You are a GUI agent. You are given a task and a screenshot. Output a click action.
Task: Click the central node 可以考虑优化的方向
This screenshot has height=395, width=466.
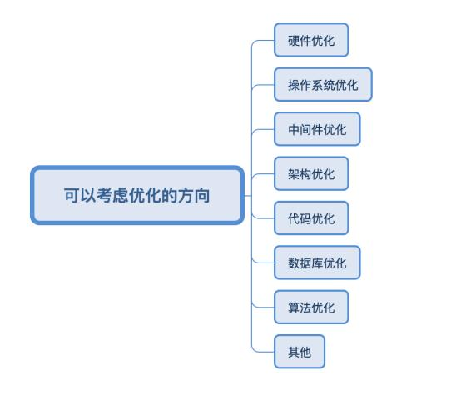137,196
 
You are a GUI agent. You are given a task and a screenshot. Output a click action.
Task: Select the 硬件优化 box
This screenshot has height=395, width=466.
311,40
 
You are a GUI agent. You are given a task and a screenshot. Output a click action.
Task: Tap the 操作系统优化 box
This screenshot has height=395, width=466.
323,85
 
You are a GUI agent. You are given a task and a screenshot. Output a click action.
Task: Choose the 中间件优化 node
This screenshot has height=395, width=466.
317,129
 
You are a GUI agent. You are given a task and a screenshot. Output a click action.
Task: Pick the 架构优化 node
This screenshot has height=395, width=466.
311,174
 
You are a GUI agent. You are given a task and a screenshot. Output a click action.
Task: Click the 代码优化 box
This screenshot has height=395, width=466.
311,218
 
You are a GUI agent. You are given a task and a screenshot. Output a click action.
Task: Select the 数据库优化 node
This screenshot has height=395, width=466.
317,263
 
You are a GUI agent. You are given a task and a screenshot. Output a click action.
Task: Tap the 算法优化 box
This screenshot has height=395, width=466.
311,307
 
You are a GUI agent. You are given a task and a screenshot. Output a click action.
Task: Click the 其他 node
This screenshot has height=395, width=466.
299,352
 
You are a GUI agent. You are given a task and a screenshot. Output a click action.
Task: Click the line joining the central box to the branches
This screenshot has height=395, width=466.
248,196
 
